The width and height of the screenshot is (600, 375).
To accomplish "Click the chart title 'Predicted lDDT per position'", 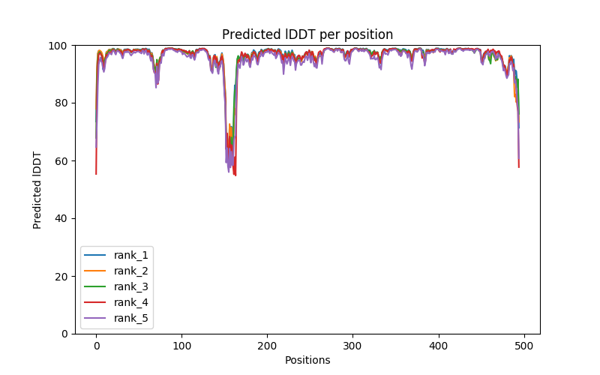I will (x=307, y=34).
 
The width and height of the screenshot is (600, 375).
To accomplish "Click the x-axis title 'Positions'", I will (x=307, y=360).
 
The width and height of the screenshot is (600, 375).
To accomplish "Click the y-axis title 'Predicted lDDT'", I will (x=37, y=190).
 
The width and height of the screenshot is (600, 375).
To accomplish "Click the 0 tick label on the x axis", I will (x=96, y=346).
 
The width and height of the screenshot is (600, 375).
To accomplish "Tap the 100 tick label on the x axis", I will (x=181, y=346).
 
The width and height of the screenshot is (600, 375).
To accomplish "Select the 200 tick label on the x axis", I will (x=268, y=346).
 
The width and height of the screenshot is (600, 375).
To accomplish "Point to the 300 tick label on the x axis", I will (x=353, y=346).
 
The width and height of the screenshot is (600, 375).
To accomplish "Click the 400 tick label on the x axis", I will (x=439, y=346).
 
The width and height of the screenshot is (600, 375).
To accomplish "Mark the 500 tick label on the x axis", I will (x=524, y=346).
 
